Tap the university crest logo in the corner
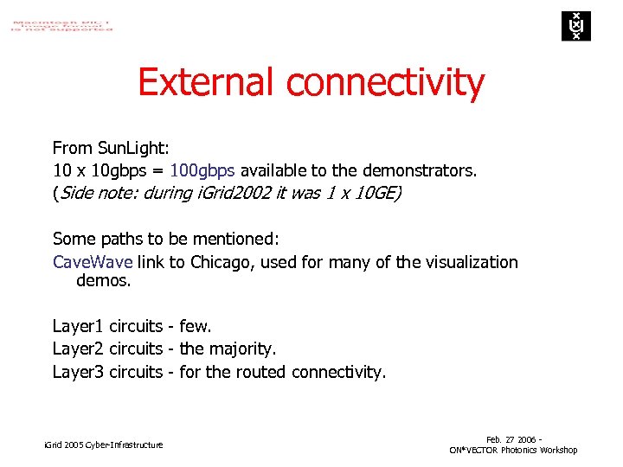point(574,26)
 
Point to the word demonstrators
point(422,170)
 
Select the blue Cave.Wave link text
point(93,261)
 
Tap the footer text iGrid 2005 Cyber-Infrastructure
point(103,445)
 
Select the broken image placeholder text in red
point(61,23)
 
